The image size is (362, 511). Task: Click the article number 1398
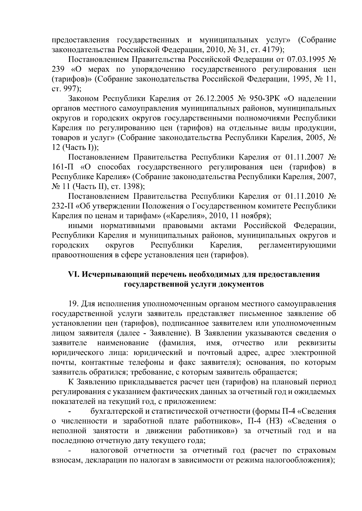tap(132, 186)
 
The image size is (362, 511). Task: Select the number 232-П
tap(63, 206)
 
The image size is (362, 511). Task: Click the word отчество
tap(248, 343)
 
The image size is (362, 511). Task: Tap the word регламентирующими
tap(297, 245)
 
